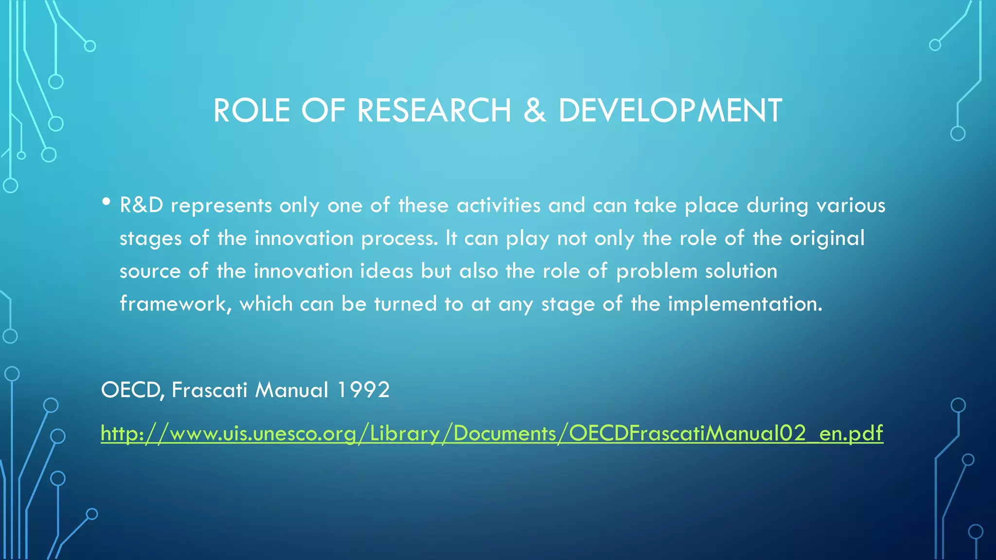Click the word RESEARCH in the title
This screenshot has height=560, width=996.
click(x=434, y=111)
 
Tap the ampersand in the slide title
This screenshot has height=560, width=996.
click(x=535, y=111)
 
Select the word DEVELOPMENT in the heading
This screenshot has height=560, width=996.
click(x=670, y=111)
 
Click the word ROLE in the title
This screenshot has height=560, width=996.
click(x=251, y=111)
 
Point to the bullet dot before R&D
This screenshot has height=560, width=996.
click(x=107, y=202)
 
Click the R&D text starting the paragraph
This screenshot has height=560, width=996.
click(x=142, y=205)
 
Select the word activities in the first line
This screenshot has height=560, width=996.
click(x=498, y=205)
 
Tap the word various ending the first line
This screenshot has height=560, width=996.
click(x=851, y=205)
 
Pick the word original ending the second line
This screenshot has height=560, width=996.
click(x=827, y=238)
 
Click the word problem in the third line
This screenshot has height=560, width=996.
click(x=657, y=271)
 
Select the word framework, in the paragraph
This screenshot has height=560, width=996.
click(x=176, y=304)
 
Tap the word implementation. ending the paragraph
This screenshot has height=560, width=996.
click(x=745, y=304)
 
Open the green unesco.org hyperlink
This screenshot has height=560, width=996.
click(x=491, y=433)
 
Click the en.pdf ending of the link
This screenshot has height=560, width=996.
click(x=851, y=433)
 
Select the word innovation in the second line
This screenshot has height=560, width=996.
click(x=304, y=238)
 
